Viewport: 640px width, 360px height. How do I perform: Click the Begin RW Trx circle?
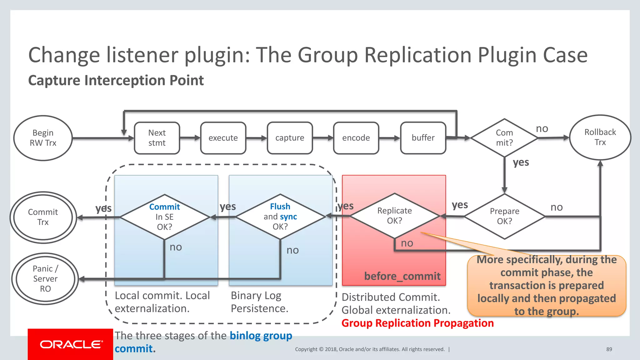tap(43, 138)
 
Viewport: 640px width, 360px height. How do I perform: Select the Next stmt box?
tap(157, 138)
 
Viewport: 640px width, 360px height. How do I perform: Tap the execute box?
tap(223, 138)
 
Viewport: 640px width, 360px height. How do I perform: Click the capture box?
tap(290, 138)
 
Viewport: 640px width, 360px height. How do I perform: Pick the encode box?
tap(356, 138)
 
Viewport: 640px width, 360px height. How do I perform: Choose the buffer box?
tap(423, 138)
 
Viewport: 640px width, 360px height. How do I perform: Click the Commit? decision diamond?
tap(504, 138)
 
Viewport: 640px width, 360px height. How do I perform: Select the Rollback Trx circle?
tap(600, 137)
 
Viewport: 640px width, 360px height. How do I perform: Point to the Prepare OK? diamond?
tap(504, 216)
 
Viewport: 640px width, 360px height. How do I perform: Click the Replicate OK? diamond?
tap(394, 216)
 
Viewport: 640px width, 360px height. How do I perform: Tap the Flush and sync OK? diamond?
tap(280, 216)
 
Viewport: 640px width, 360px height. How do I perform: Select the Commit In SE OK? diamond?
tap(164, 217)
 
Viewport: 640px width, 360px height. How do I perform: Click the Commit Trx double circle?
tap(43, 217)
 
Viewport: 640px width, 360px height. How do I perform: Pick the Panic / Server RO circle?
tap(45, 278)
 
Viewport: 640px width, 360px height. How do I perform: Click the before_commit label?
tap(402, 276)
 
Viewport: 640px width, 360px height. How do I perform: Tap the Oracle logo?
tap(71, 344)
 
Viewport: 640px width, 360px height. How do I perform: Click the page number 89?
tap(609, 349)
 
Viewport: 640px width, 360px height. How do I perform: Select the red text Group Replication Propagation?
tap(417, 323)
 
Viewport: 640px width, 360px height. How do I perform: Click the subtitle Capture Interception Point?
tap(116, 80)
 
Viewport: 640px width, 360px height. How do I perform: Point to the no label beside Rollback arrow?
tap(542, 128)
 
